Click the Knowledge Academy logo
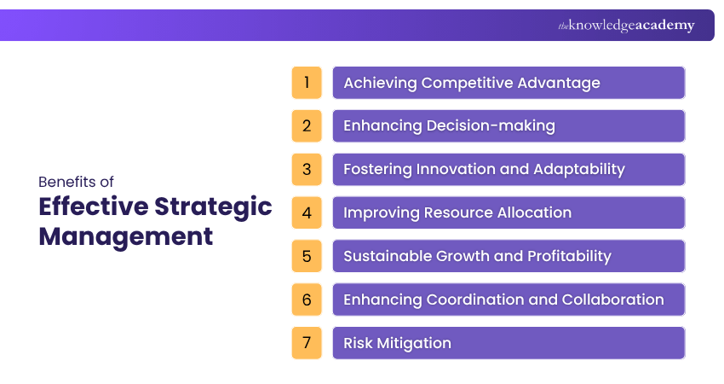(x=626, y=26)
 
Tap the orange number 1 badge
(x=307, y=83)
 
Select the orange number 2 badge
(x=307, y=126)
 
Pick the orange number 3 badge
(x=307, y=169)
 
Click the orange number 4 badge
(x=307, y=212)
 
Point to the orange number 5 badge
(x=307, y=256)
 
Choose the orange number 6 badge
(x=307, y=300)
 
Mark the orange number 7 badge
(x=307, y=343)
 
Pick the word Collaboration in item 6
(x=612, y=300)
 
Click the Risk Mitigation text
(x=397, y=343)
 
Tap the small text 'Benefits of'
(x=76, y=182)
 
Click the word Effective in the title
(x=92, y=207)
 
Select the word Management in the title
(x=125, y=236)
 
